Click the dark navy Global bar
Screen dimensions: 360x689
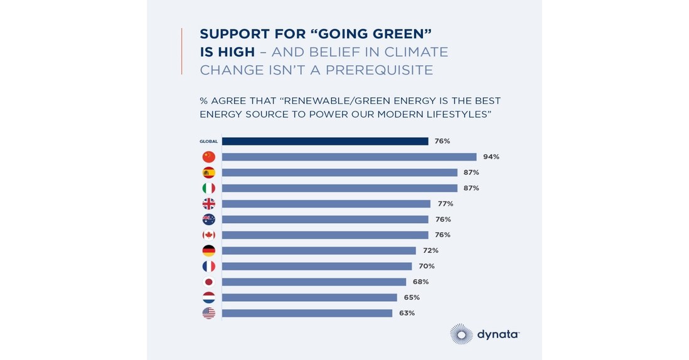pos(324,141)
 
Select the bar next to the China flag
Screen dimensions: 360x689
pos(349,157)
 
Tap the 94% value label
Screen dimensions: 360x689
pos(491,157)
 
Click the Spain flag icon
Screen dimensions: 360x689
pos(208,172)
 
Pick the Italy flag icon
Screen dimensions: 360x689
pos(208,188)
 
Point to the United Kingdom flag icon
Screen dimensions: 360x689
pos(208,204)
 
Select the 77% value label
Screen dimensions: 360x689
pos(445,204)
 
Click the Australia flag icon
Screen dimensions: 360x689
pos(208,220)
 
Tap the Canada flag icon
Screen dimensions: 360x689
pos(208,235)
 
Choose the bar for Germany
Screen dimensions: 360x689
pos(319,250)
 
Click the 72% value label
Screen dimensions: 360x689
pos(430,250)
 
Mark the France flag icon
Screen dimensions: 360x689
pos(208,266)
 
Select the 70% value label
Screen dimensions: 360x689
pos(427,266)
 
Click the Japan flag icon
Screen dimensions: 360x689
pos(208,282)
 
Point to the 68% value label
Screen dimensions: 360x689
pos(420,282)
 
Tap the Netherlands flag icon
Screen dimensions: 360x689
pos(208,297)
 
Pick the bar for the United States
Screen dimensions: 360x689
pos(307,313)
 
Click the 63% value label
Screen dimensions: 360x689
pos(407,313)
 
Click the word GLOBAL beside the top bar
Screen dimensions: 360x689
pos(208,142)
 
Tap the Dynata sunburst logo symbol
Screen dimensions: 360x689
pos(461,334)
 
